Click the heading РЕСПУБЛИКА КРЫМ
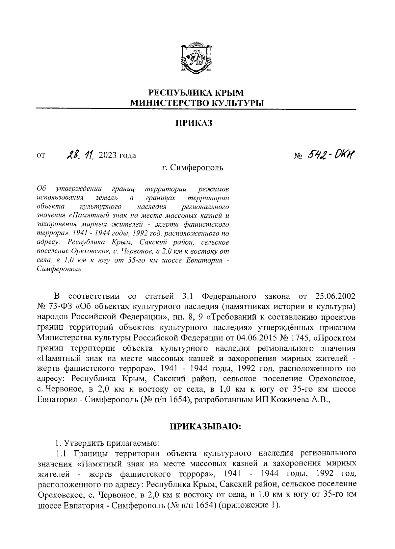click(x=197, y=93)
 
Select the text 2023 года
click(x=117, y=155)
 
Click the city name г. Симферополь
click(x=193, y=168)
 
